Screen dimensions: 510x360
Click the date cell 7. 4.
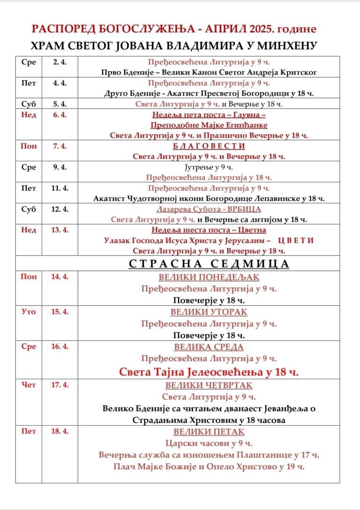(60, 146)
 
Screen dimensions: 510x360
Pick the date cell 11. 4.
(60, 188)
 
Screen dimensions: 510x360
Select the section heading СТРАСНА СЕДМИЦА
(209, 264)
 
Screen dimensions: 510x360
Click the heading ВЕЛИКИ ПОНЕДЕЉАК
(209, 277)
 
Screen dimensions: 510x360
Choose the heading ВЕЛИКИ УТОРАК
(209, 312)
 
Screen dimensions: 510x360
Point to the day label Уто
(29, 312)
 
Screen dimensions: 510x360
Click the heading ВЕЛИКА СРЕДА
(209, 347)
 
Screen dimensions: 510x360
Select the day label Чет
(29, 385)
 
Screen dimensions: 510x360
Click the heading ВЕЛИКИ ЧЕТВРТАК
(209, 385)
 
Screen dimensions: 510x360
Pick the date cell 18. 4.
(60, 431)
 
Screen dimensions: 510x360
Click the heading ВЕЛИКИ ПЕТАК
(209, 432)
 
